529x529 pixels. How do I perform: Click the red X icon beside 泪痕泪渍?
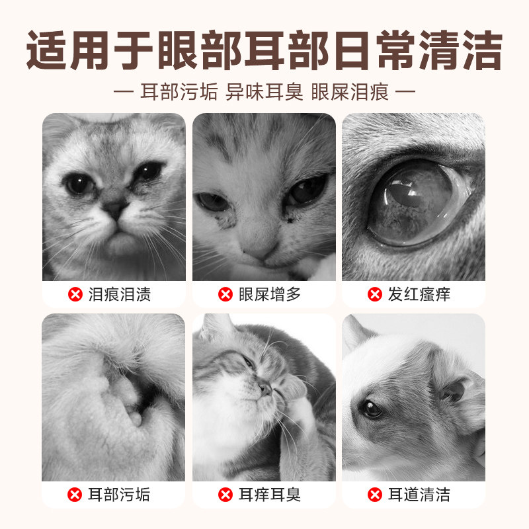coord(75,294)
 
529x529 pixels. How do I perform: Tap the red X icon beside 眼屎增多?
coord(225,294)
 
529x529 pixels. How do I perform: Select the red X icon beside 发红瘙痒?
coord(375,294)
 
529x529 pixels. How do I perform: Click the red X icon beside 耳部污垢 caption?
coord(75,494)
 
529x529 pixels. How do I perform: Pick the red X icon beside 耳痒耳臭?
coord(225,494)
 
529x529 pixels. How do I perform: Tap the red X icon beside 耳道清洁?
coord(375,494)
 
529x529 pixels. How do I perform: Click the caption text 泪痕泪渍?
coord(120,294)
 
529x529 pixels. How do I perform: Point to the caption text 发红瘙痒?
coord(419,294)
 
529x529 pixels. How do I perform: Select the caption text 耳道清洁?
coord(419,494)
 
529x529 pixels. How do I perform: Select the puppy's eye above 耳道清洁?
coord(372,409)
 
